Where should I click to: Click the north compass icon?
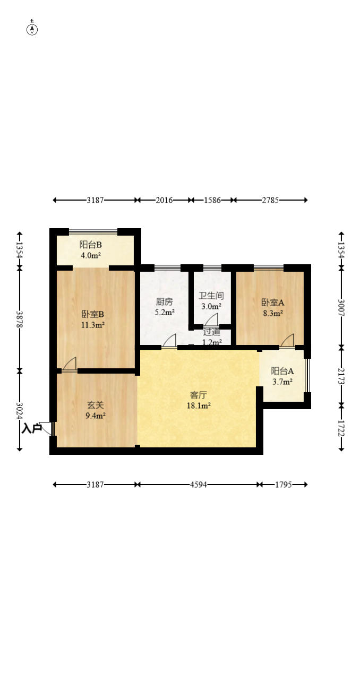pos(32,30)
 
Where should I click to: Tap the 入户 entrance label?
pos(31,428)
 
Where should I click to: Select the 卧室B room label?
pos(93,314)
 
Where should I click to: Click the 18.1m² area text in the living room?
pos(199,405)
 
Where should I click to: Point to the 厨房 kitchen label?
pos(164,301)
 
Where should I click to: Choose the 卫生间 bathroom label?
pos(211,296)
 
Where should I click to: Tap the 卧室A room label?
pos(273,302)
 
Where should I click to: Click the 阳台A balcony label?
pos(282,371)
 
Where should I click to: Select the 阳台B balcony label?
pos(91,245)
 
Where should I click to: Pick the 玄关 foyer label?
pos(96,405)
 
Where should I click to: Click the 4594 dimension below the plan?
pos(198,484)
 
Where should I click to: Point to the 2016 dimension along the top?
pos(164,200)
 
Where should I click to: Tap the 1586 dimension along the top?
pos(212,200)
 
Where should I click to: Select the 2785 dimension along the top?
pos(270,200)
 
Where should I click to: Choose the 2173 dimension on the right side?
pos(341,376)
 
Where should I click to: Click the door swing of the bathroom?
pos(211,319)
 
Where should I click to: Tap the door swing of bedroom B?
pos(70,364)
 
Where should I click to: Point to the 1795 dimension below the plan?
pos(284,484)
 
